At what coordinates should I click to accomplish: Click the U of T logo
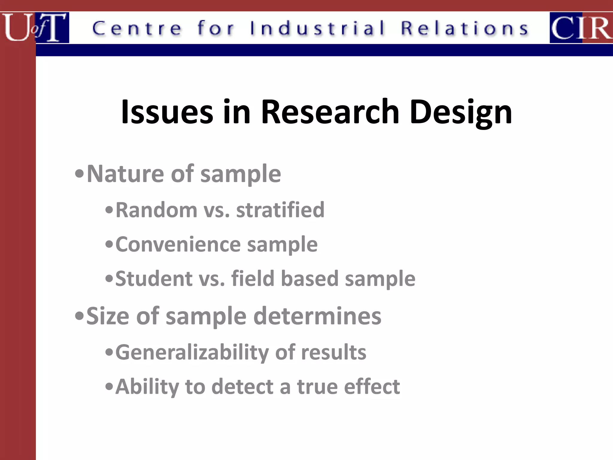pos(35,28)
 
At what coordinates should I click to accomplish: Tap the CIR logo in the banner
pos(581,28)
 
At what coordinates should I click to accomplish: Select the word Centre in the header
pos(137,29)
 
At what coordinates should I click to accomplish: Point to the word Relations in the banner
pos(465,28)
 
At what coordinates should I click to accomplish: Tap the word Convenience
pos(178,244)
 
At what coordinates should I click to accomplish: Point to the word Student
pos(154,279)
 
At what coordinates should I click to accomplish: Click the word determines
pos(317,316)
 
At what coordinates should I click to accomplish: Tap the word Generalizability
pos(192,352)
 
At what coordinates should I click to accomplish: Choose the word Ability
pos(147,387)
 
